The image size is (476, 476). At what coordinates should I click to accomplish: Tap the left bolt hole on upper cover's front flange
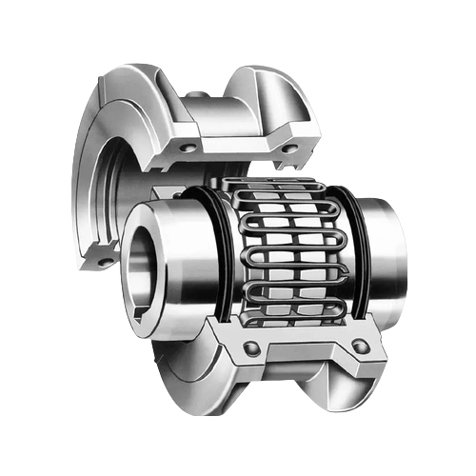pyautogui.click(x=187, y=148)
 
